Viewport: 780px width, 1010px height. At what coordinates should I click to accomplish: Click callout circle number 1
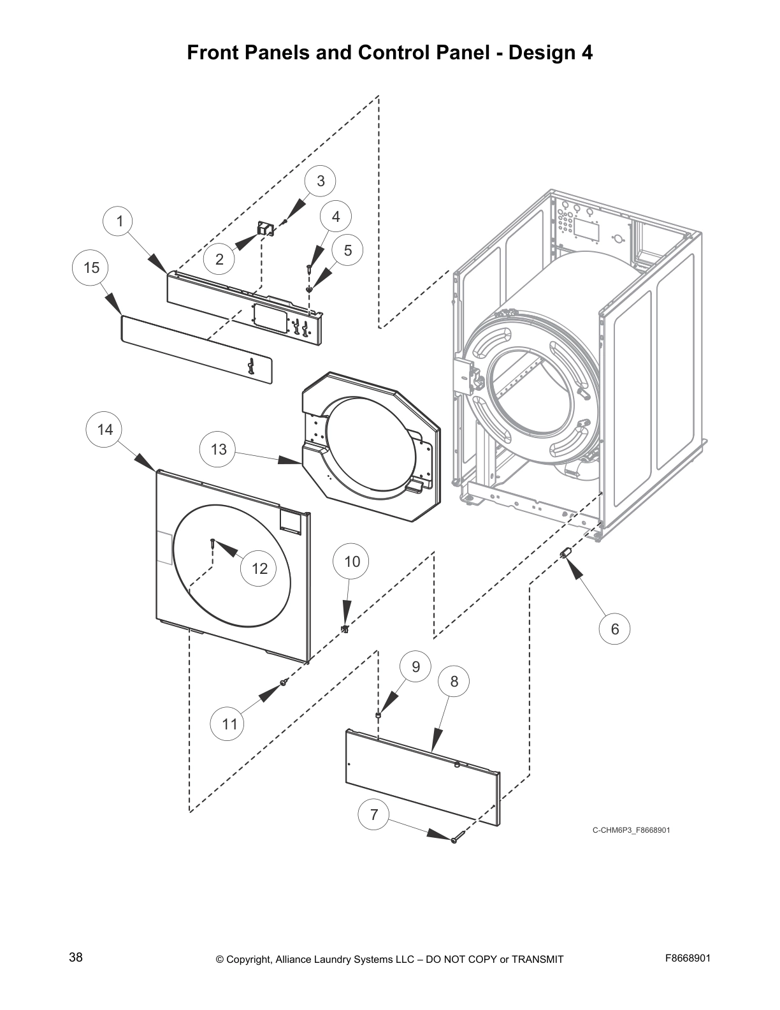tap(119, 222)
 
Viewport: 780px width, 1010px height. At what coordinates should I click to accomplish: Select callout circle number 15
tap(92, 268)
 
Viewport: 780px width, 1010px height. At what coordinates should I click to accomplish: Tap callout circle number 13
tap(219, 450)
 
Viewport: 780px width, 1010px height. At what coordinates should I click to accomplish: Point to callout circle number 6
tap(615, 629)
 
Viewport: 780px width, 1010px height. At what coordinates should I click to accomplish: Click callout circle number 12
tap(259, 568)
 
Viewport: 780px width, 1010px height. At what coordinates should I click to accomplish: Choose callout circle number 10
tap(352, 562)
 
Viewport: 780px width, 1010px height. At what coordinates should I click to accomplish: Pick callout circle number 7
tap(374, 815)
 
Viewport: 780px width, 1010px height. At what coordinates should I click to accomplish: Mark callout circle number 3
tap(321, 181)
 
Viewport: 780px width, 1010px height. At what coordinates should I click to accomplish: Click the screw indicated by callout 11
tap(284, 683)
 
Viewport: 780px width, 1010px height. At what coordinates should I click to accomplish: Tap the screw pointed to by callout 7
tap(454, 840)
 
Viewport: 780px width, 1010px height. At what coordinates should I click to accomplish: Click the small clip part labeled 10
tap(345, 629)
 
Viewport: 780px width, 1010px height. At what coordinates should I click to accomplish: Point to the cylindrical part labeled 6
tap(564, 552)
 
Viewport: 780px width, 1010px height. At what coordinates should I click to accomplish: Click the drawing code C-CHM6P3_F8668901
tap(631, 830)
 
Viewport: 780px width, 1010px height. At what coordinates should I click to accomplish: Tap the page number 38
tap(76, 958)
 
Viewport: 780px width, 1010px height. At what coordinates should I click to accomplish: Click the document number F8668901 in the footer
tap(688, 958)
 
